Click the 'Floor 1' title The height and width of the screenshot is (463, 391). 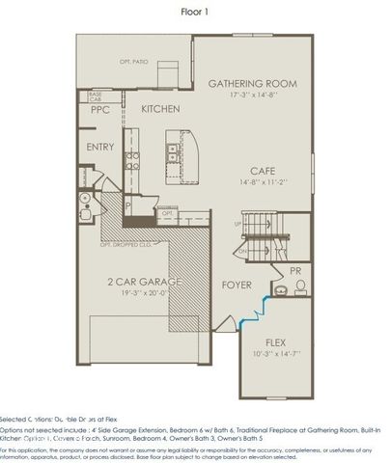pyautogui.click(x=195, y=13)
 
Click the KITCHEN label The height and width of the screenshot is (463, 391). pyautogui.click(x=161, y=110)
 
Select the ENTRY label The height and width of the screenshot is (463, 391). pyautogui.click(x=100, y=148)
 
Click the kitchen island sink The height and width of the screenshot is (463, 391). pyautogui.click(x=172, y=150)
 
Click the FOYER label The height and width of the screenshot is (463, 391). pyautogui.click(x=237, y=285)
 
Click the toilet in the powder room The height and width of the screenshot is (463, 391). pyautogui.click(x=300, y=286)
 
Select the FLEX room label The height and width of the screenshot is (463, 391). pyautogui.click(x=276, y=343)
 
